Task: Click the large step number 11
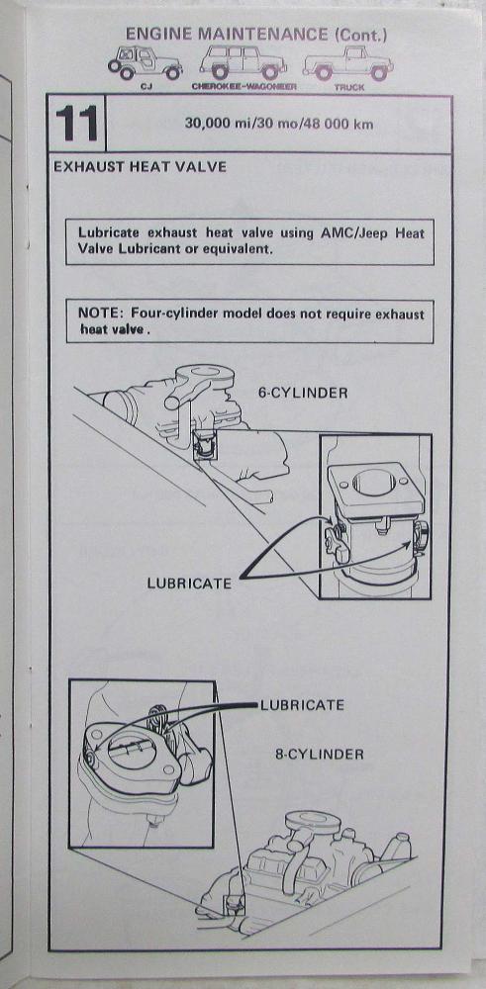77,123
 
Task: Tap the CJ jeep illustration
145,63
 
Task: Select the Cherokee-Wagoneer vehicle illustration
243,61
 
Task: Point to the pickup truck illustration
347,63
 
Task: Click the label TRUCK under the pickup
349,88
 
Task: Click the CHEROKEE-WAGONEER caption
243,87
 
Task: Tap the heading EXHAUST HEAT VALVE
141,167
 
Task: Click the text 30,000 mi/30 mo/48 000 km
278,124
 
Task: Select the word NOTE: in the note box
100,314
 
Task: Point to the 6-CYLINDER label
303,393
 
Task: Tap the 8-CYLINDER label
320,754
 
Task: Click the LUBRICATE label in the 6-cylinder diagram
189,584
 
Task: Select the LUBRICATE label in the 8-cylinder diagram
302,704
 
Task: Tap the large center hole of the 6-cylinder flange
373,482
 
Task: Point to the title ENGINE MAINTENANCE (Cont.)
256,34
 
